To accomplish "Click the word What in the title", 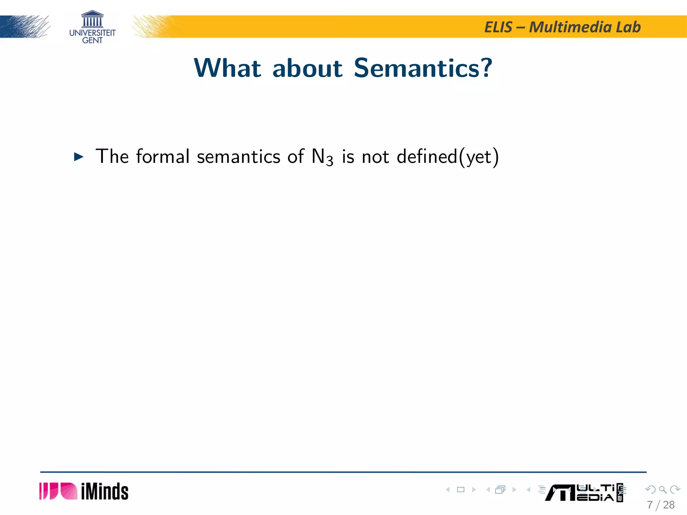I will tap(227, 68).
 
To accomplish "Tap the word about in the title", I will tap(307, 69).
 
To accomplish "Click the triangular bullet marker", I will tap(78, 157).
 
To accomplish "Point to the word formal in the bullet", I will tap(163, 156).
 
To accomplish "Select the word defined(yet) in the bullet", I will tap(447, 157).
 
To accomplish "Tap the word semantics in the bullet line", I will tap(239, 157).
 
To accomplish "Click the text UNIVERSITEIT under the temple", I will tap(92, 33).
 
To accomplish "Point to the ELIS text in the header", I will tap(498, 27).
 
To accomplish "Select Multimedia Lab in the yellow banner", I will tap(585, 27).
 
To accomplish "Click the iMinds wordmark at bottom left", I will tap(104, 492).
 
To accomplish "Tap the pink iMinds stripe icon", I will tap(58, 491).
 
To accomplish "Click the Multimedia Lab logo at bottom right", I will tap(584, 493).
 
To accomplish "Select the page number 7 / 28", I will tap(660, 505).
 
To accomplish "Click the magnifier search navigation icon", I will tap(663, 490).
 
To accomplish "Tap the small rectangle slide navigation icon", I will tap(461, 490).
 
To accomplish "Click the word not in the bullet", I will tap(375, 157).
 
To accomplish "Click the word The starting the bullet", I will tap(112, 156).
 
